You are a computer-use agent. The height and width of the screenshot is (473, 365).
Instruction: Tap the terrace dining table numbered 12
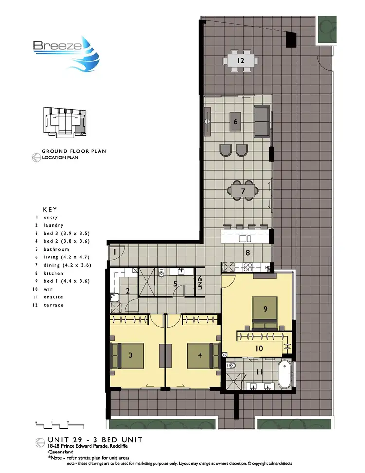tap(240, 61)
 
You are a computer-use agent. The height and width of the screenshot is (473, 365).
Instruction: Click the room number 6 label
tap(236, 122)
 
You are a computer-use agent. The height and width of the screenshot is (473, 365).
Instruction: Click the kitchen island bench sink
tap(245, 238)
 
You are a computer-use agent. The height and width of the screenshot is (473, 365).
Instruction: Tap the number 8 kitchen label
tap(247, 253)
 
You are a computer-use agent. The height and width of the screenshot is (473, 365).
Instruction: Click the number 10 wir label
tap(260, 348)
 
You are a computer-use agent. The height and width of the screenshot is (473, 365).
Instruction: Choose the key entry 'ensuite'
tap(53, 297)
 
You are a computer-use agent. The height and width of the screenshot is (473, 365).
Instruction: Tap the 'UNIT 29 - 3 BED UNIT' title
tap(95, 440)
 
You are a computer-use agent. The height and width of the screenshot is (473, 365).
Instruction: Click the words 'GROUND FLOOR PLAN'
tap(73, 151)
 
